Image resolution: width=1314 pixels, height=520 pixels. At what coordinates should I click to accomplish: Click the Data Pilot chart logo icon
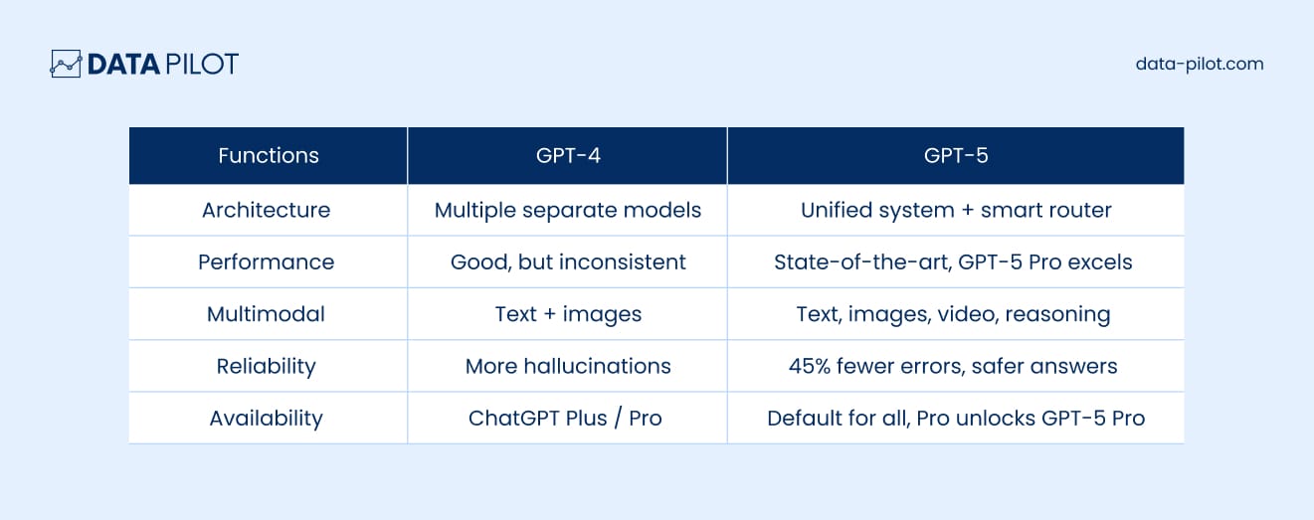pyautogui.click(x=66, y=64)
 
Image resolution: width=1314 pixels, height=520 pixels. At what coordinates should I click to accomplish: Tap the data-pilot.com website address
pyautogui.click(x=1200, y=64)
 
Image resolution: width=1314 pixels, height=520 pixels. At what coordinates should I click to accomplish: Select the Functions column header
pyautogui.click(x=269, y=155)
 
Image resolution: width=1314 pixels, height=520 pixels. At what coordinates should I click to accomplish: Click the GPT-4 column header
pyautogui.click(x=568, y=155)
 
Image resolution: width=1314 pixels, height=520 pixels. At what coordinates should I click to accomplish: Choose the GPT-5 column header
pyautogui.click(x=956, y=155)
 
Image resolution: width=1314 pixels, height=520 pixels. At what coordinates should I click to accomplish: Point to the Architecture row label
pyautogui.click(x=267, y=210)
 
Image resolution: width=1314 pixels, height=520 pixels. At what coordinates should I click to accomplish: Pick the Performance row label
pyautogui.click(x=267, y=262)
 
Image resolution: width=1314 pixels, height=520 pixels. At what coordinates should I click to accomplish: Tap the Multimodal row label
pyautogui.click(x=266, y=314)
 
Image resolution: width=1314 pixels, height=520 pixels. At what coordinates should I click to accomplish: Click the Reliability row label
pyautogui.click(x=267, y=367)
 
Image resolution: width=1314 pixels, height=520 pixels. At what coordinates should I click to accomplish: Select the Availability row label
pyautogui.click(x=267, y=419)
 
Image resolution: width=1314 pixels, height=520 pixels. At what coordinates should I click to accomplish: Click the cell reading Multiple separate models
pyautogui.click(x=568, y=211)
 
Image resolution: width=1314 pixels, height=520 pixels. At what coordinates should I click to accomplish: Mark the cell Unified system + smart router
pyautogui.click(x=956, y=211)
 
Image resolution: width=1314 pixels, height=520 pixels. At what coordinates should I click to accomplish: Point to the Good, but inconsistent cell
pyautogui.click(x=568, y=262)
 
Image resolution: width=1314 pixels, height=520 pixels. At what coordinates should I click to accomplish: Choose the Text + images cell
pyautogui.click(x=568, y=315)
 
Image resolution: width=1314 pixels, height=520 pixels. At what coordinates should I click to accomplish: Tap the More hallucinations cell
pyautogui.click(x=568, y=367)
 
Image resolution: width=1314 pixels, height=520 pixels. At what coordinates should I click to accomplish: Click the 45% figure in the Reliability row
pyautogui.click(x=810, y=367)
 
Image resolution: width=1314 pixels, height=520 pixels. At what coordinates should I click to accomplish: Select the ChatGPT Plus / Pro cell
pyautogui.click(x=565, y=419)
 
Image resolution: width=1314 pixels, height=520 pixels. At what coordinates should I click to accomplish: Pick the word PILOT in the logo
pyautogui.click(x=202, y=64)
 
